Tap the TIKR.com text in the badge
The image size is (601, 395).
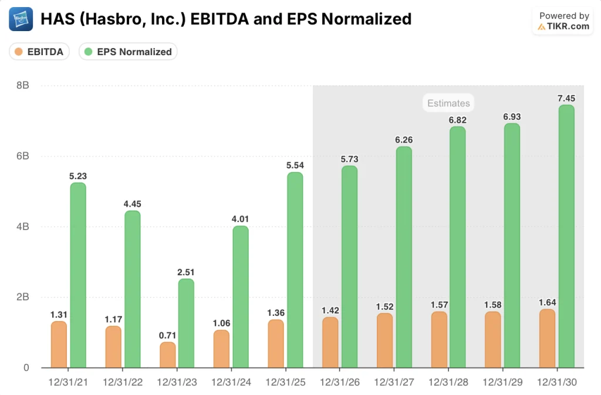[568, 26]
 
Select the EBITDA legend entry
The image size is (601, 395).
[39, 52]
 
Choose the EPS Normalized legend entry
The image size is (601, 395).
[128, 52]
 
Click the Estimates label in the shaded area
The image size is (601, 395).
[448, 103]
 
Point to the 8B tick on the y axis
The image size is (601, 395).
[22, 86]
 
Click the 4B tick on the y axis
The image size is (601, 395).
[22, 227]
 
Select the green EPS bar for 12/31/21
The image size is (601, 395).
[78, 275]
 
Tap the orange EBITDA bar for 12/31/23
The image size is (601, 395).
[168, 355]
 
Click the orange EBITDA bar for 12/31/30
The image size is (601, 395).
[547, 339]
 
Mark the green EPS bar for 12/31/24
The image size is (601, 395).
[241, 297]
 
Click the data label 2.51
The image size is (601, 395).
[186, 272]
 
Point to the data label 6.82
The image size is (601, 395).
[458, 120]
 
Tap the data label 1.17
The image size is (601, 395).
[113, 319]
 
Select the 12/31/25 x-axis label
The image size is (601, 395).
[286, 382]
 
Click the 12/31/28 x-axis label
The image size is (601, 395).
[448, 382]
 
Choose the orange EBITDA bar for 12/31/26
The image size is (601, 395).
[330, 343]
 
